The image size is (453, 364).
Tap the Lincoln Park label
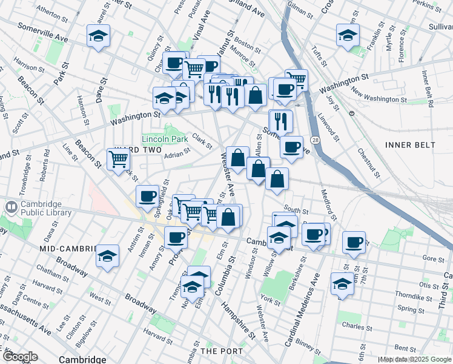[165, 139]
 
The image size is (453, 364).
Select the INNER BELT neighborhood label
[410, 145]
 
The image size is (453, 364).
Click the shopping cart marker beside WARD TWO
[119, 159]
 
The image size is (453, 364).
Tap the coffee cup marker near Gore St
[354, 242]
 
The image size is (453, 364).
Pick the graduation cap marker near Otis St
[342, 283]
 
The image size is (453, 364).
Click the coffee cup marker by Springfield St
[148, 195]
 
